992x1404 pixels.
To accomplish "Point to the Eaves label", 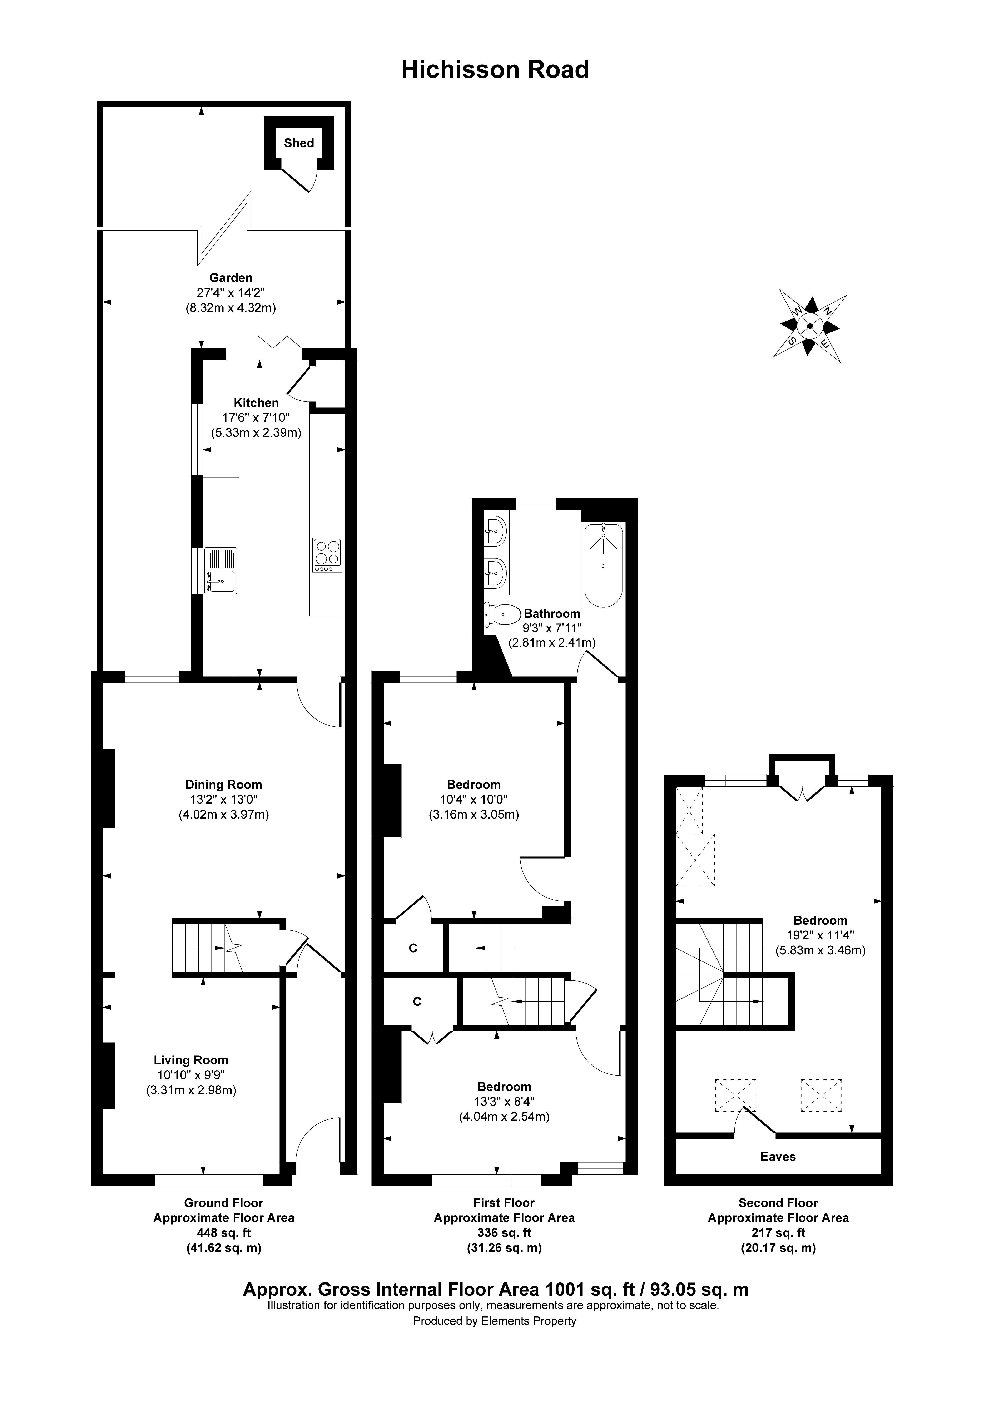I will pyautogui.click(x=778, y=1156).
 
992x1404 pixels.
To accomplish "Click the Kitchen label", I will pyautogui.click(x=256, y=403).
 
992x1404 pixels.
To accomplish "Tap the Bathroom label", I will pyautogui.click(x=552, y=613).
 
